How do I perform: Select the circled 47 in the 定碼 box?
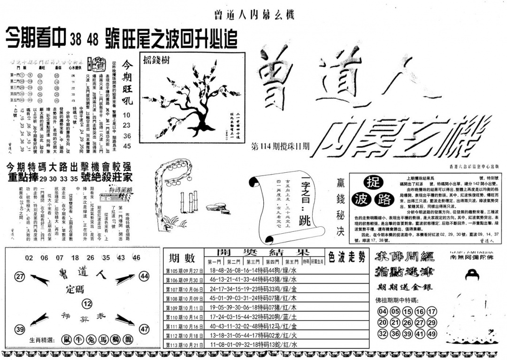(144, 329)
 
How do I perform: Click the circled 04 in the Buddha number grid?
(383, 312)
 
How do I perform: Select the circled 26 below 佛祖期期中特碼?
(407, 323)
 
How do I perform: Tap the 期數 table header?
(180, 258)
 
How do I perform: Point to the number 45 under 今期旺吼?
(128, 146)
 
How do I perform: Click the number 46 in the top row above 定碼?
(136, 257)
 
